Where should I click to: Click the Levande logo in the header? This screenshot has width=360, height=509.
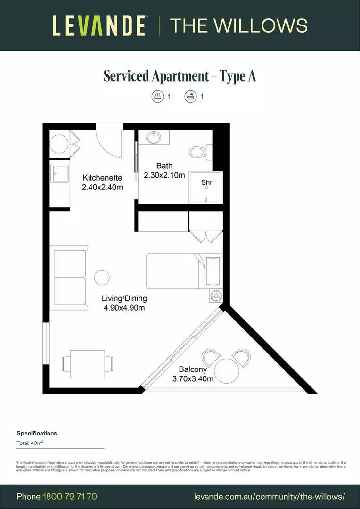pyautogui.click(x=99, y=25)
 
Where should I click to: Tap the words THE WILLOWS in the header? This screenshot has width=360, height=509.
pyautogui.click(x=238, y=25)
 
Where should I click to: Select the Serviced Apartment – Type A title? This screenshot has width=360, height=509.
pyautogui.click(x=180, y=76)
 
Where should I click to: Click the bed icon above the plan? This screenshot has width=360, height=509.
pyautogui.click(x=156, y=97)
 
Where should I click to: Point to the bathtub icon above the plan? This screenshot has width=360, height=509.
pyautogui.click(x=190, y=97)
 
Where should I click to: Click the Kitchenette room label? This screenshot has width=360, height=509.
pyautogui.click(x=102, y=178)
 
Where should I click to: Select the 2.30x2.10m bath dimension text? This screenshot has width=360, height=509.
pyautogui.click(x=164, y=175)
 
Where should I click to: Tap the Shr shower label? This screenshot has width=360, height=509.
pyautogui.click(x=206, y=182)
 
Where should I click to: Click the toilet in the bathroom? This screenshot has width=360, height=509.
pyautogui.click(x=198, y=152)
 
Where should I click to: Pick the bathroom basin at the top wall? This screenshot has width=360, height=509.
pyautogui.click(x=154, y=138)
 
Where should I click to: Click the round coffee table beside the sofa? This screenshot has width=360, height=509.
pyautogui.click(x=101, y=277)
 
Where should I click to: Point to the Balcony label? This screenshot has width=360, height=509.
pyautogui.click(x=193, y=370)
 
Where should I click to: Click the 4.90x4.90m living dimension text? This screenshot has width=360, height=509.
pyautogui.click(x=124, y=308)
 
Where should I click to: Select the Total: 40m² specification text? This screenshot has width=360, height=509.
pyautogui.click(x=30, y=443)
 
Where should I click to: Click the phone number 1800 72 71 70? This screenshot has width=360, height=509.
pyautogui.click(x=70, y=497)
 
